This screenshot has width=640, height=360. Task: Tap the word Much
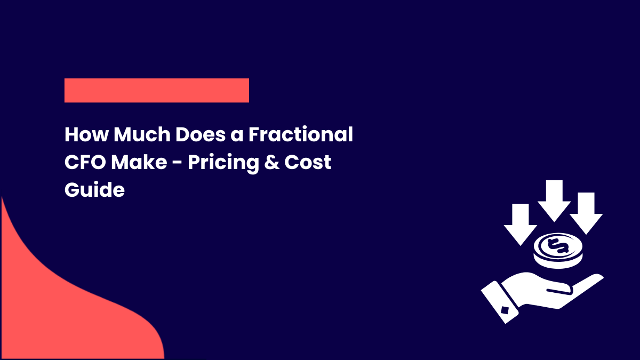(x=138, y=135)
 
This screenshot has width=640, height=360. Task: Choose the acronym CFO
(x=85, y=162)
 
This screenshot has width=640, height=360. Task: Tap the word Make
(x=139, y=162)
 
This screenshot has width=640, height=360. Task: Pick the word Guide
(x=94, y=189)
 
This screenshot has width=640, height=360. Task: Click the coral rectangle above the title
(x=156, y=90)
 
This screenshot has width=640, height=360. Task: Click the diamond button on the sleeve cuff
(x=505, y=309)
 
